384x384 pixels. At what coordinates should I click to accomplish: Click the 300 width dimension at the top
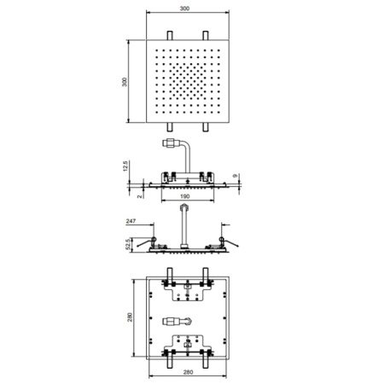coord(184,9)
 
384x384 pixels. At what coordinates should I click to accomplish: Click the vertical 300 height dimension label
coord(125,82)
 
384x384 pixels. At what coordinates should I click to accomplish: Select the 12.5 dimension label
coord(125,166)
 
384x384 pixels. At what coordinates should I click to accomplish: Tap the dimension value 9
coord(235,176)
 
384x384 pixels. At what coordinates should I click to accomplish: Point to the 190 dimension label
coord(185,196)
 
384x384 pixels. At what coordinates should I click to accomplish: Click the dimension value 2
coord(140,196)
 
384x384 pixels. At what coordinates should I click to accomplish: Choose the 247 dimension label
coord(131,221)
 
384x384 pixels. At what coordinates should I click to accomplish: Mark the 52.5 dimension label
coord(129,244)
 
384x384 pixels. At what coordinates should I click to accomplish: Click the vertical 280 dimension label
coord(130,317)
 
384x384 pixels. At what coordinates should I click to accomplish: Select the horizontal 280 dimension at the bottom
coord(188,372)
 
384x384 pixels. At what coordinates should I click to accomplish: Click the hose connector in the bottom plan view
coord(177,322)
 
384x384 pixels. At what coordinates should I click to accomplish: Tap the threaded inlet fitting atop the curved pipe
coord(172,143)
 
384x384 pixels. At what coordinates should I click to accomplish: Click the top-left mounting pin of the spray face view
coord(170,35)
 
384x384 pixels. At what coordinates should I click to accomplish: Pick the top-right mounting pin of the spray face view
coord(206,35)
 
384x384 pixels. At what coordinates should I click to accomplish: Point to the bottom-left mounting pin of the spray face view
coord(170,127)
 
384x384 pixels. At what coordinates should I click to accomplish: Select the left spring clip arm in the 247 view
coord(145,243)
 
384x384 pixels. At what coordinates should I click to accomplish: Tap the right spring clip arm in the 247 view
coord(230,242)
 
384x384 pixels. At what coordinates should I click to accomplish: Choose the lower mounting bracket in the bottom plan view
coord(188,346)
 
